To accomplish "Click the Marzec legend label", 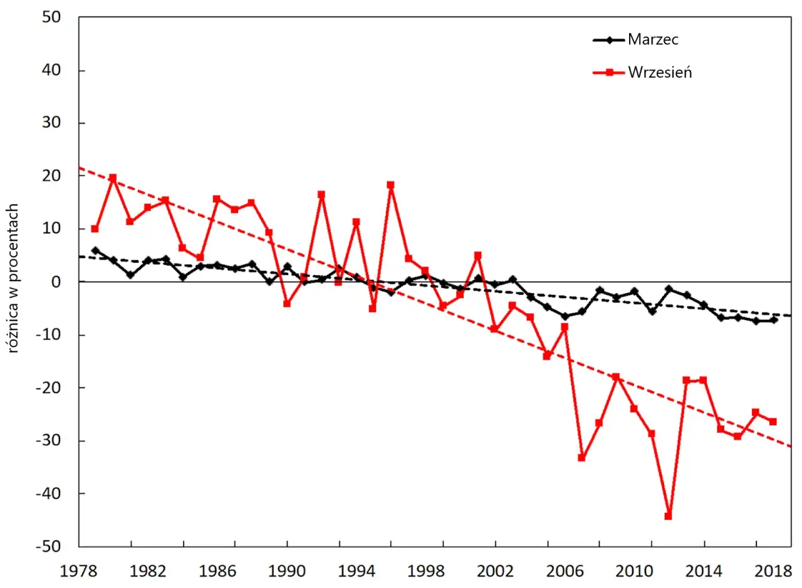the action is click(653, 39).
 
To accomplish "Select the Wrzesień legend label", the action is click(660, 73).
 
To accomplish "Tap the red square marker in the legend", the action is click(609, 73).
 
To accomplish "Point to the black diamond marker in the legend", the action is click(609, 39).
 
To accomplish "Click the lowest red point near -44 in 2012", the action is click(668, 516).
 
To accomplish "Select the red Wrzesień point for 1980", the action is click(113, 178).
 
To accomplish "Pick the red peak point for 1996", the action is click(390, 185).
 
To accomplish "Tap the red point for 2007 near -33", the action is click(581, 458).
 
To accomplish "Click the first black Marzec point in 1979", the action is click(96, 250).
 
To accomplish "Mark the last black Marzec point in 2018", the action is click(774, 320).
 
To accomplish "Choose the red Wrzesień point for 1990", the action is click(287, 304).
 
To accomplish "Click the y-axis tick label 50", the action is click(51, 17).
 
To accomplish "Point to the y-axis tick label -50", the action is click(48, 547).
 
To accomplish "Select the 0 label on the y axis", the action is click(56, 282).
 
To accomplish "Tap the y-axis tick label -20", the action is click(48, 388).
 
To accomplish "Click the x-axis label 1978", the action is click(78, 572).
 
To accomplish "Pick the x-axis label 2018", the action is click(773, 572).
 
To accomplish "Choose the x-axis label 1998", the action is click(425, 572).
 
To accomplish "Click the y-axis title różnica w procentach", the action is click(13, 279).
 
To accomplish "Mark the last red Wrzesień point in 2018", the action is click(773, 422).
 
